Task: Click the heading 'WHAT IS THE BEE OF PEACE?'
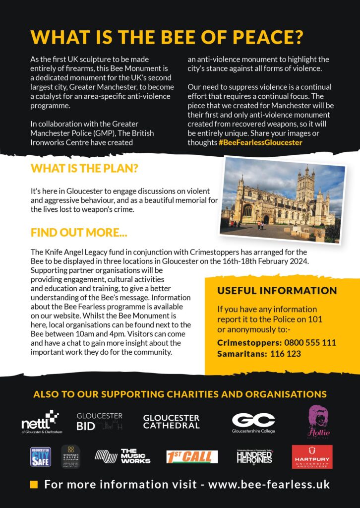click(x=167, y=37)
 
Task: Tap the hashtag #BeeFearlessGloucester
click(x=260, y=142)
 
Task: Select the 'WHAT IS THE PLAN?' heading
click(x=84, y=168)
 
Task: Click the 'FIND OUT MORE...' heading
click(x=79, y=232)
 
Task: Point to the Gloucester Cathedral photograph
click(x=283, y=200)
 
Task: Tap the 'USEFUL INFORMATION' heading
click(x=277, y=291)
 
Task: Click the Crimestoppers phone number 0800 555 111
click(x=310, y=343)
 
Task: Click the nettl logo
click(x=40, y=422)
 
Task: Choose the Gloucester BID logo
click(x=99, y=421)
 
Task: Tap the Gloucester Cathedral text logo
click(x=171, y=421)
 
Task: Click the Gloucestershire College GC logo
click(x=253, y=423)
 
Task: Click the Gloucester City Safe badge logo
click(x=41, y=456)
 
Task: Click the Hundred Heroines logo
click(x=254, y=456)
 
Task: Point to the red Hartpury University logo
click(x=312, y=456)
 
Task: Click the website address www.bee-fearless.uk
click(x=269, y=485)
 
